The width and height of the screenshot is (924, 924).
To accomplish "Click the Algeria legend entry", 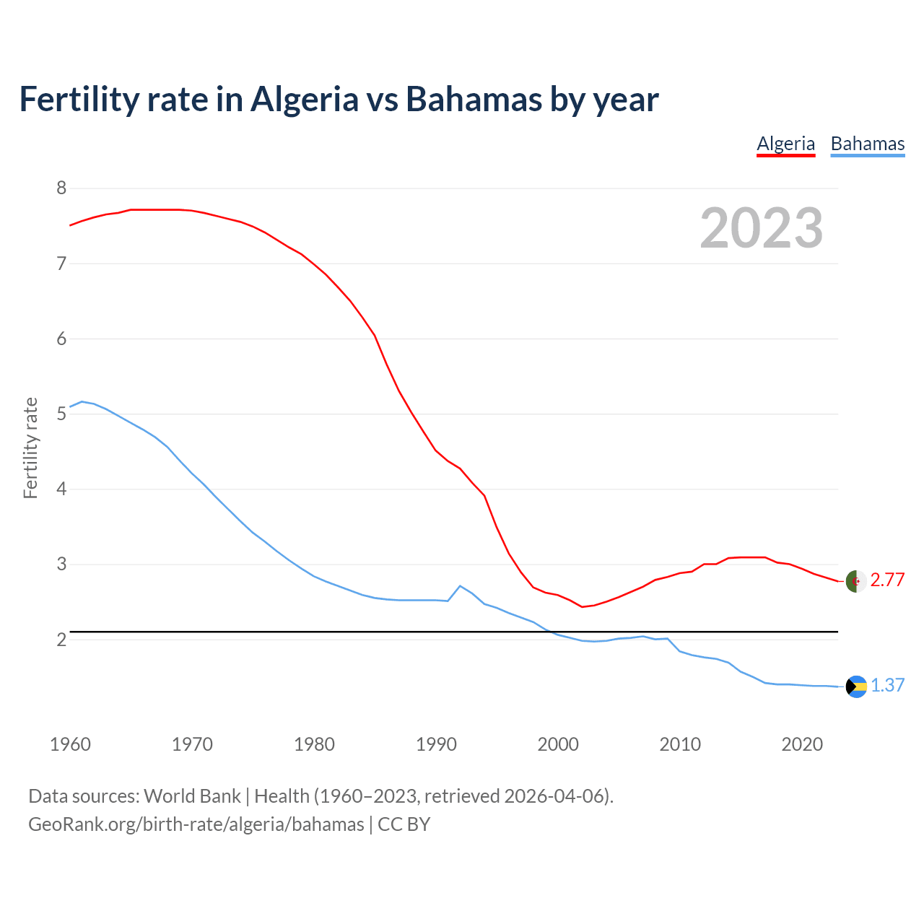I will pyautogui.click(x=785, y=144).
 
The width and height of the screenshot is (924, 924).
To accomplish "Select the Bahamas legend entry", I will pyautogui.click(x=867, y=144).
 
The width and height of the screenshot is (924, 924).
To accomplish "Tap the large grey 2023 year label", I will pyautogui.click(x=761, y=228).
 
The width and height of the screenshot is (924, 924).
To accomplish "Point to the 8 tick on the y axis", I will pyautogui.click(x=61, y=188).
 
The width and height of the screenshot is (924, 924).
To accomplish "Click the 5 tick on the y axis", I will pyautogui.click(x=61, y=414).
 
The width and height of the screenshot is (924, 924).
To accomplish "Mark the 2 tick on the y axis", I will pyautogui.click(x=61, y=640).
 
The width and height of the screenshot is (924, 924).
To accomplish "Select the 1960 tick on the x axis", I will pyautogui.click(x=70, y=744).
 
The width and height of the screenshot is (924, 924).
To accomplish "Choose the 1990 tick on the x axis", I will pyautogui.click(x=436, y=744).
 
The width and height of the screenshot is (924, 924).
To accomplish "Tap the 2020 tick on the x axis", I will pyautogui.click(x=802, y=744).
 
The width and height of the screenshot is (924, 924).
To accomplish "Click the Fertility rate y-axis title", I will pyautogui.click(x=30, y=448).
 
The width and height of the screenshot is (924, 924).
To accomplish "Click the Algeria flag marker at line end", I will pyautogui.click(x=856, y=581).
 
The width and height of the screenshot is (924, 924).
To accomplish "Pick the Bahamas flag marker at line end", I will pyautogui.click(x=856, y=687).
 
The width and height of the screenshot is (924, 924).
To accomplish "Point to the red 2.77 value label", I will pyautogui.click(x=887, y=580).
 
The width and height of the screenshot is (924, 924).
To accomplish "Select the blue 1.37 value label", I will pyautogui.click(x=887, y=686).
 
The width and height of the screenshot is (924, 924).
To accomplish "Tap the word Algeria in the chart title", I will pyautogui.click(x=304, y=99).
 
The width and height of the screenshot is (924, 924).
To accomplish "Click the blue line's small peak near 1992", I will pyautogui.click(x=460, y=585).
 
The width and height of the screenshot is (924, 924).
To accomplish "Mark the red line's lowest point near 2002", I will pyautogui.click(x=582, y=607).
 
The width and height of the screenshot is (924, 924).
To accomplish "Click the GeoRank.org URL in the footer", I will pyautogui.click(x=196, y=824).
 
